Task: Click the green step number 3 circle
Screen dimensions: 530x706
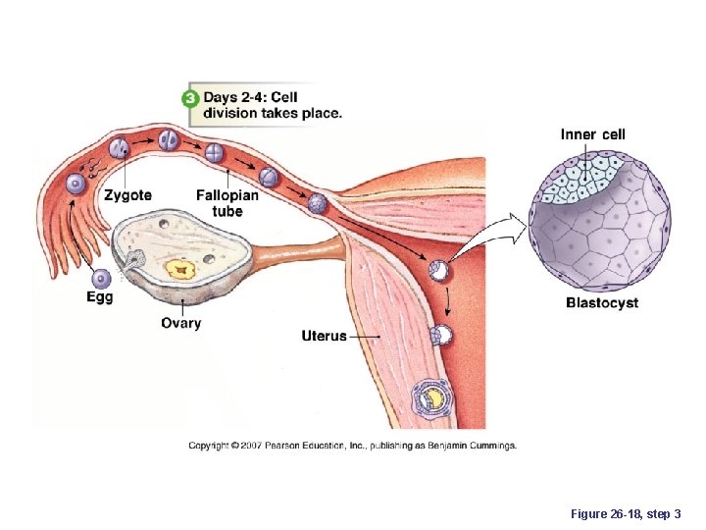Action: point(190,97)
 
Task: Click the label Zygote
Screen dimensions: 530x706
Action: point(127,195)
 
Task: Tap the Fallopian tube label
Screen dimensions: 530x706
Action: point(227,202)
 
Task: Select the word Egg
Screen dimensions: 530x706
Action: point(99,296)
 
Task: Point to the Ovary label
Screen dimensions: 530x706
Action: point(181,323)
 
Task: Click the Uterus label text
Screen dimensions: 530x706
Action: point(324,336)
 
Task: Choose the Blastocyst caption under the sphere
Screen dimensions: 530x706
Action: point(601,302)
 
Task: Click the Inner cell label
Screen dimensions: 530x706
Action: point(592,134)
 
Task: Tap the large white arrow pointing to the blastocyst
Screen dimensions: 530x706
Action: point(495,232)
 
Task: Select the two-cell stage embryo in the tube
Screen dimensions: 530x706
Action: point(169,139)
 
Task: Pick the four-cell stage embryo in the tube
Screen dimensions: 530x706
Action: point(214,152)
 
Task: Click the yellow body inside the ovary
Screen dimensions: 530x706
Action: point(179,266)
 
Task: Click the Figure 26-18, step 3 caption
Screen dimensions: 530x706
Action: point(630,513)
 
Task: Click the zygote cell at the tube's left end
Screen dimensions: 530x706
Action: point(119,150)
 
